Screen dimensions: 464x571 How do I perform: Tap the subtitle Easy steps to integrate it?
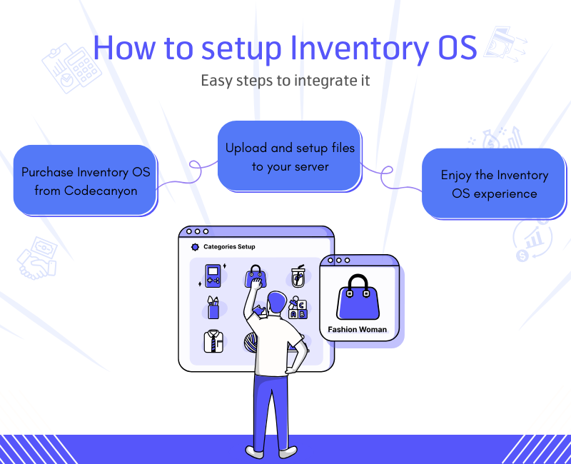coord(285,80)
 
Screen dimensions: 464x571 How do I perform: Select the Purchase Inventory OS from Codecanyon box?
coord(85,181)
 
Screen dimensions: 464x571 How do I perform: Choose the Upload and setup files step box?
coord(289,157)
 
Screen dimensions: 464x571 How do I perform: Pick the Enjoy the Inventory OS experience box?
coord(494,183)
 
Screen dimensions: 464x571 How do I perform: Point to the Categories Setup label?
coord(229,247)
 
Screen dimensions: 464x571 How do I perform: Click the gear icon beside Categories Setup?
coord(195,247)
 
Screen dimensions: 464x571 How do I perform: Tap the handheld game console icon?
coord(212,276)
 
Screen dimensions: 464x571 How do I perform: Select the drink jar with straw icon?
coord(298,276)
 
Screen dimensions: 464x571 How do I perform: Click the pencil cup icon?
coord(213,308)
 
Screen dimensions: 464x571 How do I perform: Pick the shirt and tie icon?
coord(213,340)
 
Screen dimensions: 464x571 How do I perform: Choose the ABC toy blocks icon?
coord(297,308)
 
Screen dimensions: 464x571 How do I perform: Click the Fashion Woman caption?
coord(357,330)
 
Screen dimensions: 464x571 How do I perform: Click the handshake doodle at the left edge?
coord(36,257)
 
